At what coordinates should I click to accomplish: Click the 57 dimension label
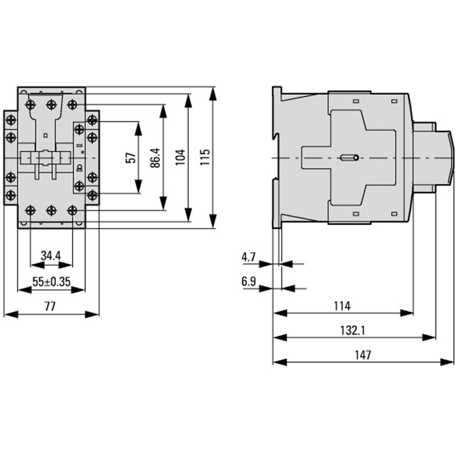coord(131,158)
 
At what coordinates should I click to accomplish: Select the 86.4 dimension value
coord(156,158)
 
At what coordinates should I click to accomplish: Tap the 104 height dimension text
coord(180,157)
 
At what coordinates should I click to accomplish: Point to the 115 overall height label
coord(205,157)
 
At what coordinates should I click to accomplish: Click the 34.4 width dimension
coord(51,256)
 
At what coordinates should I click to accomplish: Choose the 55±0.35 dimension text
coord(51,282)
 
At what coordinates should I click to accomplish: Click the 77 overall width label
coord(50,307)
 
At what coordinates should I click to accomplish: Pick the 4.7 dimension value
coord(249,257)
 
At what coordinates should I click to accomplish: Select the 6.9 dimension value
coord(249,282)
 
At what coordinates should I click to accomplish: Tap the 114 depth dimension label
coord(343,306)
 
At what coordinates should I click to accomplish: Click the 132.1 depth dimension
coord(353,331)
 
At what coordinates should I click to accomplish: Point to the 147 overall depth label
coord(363,355)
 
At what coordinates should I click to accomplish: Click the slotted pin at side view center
coord(349,158)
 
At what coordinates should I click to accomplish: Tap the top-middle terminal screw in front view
coord(51,104)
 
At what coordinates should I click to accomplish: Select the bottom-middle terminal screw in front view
coord(51,210)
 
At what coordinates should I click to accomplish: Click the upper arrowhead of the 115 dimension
coord(213,93)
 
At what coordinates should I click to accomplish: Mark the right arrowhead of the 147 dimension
coord(447,363)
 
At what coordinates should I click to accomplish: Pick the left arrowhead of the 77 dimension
coord(11,314)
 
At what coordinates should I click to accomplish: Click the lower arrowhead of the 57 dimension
coord(139,186)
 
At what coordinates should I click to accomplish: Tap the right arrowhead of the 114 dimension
coord(406,313)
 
